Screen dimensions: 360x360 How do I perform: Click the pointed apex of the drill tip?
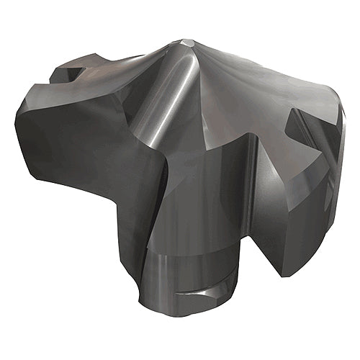click(189, 42)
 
